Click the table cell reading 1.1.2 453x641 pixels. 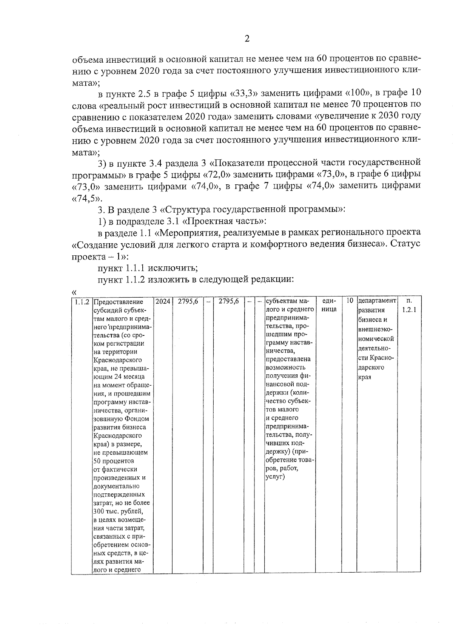pyautogui.click(x=81, y=301)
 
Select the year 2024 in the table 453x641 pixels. pyautogui.click(x=162, y=301)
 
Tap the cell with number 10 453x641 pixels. pyautogui.click(x=350, y=301)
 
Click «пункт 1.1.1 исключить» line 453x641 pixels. pyautogui.click(x=148, y=268)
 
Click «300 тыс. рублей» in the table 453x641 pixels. pyautogui.click(x=118, y=511)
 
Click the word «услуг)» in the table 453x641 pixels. pyautogui.click(x=275, y=477)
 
